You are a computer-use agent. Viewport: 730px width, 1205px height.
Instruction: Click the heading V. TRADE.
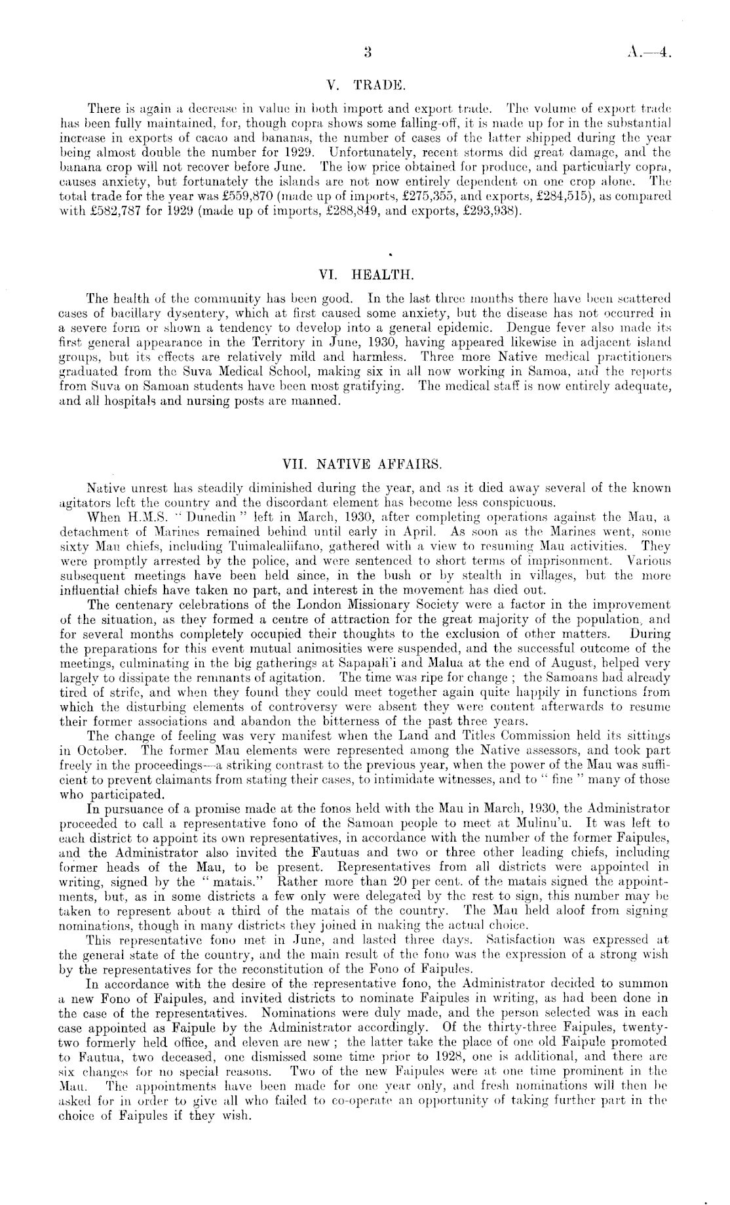[x=365, y=85]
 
